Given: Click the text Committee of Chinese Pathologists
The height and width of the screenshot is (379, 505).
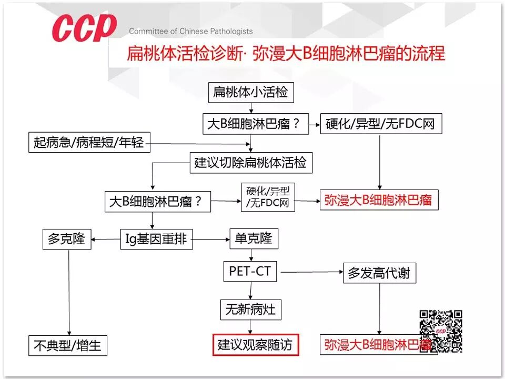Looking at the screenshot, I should click(190, 31).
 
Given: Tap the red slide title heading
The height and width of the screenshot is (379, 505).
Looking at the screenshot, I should click(286, 54).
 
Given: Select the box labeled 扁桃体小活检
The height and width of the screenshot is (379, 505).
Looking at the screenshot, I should click(250, 93).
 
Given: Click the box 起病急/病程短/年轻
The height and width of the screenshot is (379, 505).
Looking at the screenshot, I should click(89, 142).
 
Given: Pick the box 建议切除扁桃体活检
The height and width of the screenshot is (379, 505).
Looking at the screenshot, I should click(250, 162).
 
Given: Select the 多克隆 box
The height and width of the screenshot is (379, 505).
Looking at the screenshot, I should click(66, 240).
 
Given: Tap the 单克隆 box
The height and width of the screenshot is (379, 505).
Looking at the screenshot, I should click(254, 239).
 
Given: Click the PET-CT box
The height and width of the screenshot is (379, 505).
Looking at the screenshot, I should click(250, 272).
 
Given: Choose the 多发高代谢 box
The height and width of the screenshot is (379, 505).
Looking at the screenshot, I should click(379, 273).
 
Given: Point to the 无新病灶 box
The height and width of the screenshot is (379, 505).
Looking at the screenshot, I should click(250, 309).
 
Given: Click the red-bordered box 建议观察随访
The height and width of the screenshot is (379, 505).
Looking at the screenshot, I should click(255, 345).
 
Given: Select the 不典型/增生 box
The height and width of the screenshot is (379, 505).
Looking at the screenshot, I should click(68, 346).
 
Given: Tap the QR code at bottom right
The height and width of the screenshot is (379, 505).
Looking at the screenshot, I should click(441, 331).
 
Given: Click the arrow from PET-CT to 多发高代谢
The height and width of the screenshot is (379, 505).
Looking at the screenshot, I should click(310, 272).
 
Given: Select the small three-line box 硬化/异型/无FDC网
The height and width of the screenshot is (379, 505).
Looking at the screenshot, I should click(268, 197).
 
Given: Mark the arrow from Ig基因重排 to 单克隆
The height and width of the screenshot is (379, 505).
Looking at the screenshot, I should click(211, 240).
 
